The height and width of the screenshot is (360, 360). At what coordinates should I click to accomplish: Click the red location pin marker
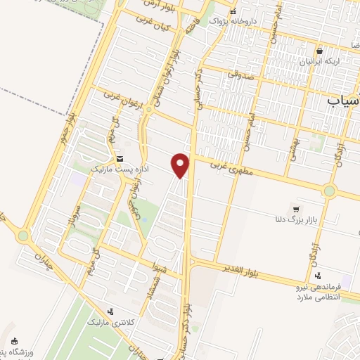pos(181,165)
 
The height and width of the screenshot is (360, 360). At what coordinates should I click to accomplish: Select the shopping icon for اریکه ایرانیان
pos(320,51)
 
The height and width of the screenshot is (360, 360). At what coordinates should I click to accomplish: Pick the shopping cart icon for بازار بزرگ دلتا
pos(296,209)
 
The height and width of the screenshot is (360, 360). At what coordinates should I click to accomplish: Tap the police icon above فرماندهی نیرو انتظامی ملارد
pos(319,276)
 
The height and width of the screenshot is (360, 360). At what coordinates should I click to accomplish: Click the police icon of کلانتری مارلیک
pos(110,311)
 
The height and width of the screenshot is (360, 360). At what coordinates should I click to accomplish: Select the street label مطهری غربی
pos(228,169)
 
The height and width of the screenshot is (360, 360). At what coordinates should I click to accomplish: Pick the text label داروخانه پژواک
pos(252,22)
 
